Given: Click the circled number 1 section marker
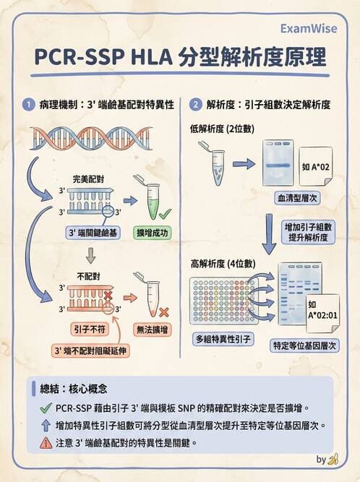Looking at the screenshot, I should click(27, 105).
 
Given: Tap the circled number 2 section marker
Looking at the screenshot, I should click(196, 105).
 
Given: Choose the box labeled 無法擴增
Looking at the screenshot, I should click(153, 329).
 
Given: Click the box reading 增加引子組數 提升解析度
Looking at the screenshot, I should click(304, 231).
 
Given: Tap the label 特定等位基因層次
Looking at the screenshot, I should click(304, 345).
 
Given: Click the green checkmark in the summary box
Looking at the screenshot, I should click(46, 408).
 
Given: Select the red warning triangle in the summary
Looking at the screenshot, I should click(46, 442).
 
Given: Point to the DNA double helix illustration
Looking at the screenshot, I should click(90, 137).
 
